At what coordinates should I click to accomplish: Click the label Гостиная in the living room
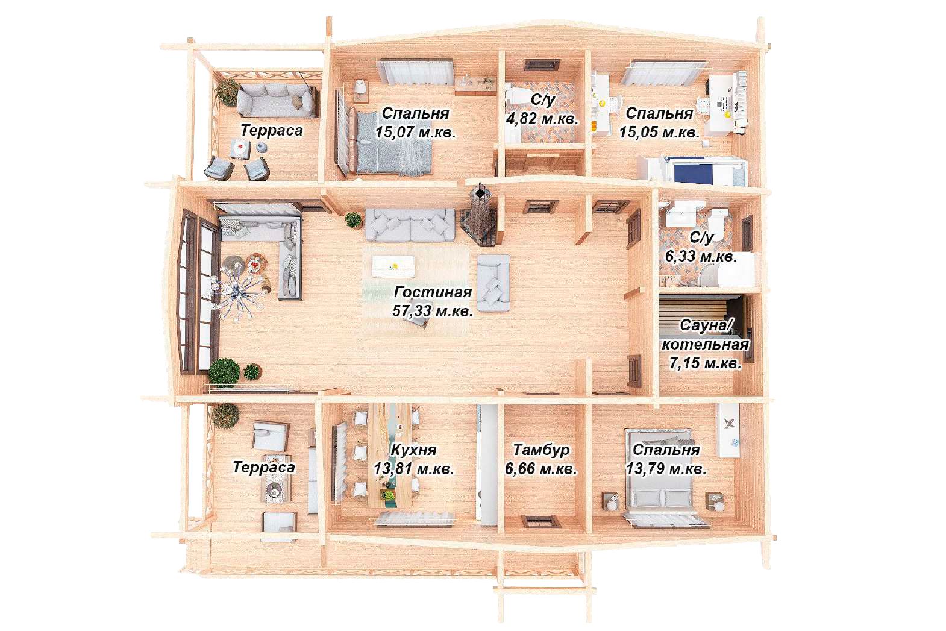(433, 292)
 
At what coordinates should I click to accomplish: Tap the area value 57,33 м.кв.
(433, 311)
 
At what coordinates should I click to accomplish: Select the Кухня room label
(413, 450)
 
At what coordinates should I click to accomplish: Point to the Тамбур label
(541, 450)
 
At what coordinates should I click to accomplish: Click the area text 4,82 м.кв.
(542, 119)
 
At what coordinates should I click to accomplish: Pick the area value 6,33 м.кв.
(701, 256)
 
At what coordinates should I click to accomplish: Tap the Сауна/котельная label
(705, 335)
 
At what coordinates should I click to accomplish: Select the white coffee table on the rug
(393, 266)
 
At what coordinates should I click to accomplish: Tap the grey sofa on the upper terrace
(277, 100)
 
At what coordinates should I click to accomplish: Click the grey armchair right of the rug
(493, 283)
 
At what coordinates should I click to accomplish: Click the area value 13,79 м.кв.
(666, 469)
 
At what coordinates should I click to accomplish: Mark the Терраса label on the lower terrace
(263, 467)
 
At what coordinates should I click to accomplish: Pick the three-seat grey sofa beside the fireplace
(410, 225)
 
